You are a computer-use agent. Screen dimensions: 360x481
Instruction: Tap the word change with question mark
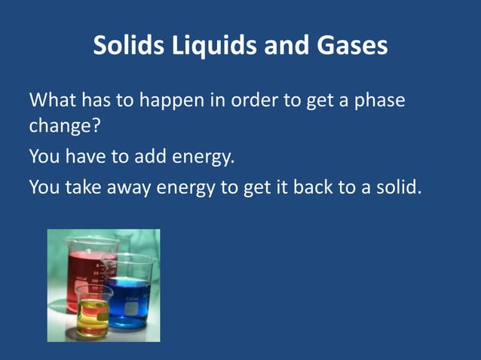tap(65, 125)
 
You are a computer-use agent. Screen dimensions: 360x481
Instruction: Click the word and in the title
tap(288, 47)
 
